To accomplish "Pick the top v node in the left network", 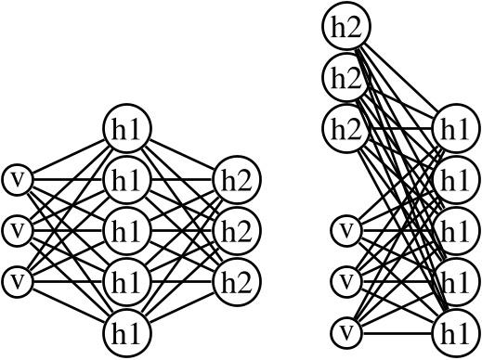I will click(17, 178).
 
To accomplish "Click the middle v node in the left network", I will click(17, 228).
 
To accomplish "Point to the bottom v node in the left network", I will click(17, 278).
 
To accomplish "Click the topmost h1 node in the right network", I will click(454, 128).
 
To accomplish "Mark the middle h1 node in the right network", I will click(454, 229).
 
